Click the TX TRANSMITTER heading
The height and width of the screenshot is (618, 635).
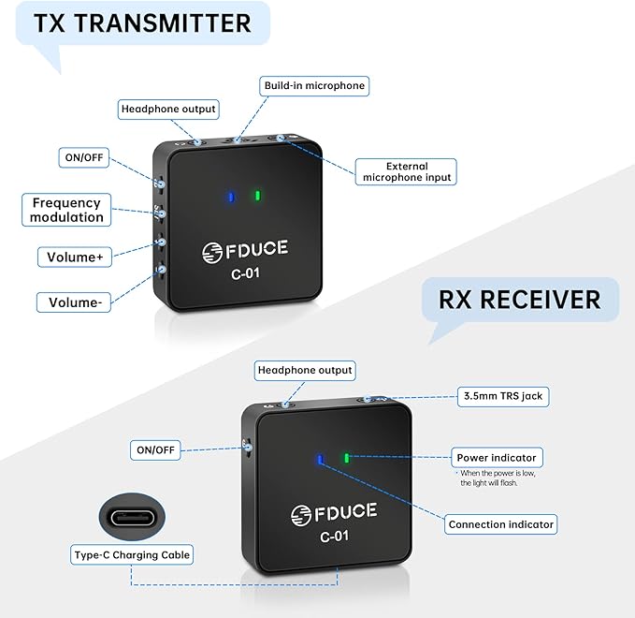tap(142, 22)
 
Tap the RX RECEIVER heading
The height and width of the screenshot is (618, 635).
tap(520, 300)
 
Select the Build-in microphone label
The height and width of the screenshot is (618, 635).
tap(314, 86)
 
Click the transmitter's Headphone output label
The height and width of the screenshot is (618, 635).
tap(168, 109)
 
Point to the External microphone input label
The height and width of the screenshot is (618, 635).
tap(406, 172)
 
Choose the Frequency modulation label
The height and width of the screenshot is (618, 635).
tap(66, 210)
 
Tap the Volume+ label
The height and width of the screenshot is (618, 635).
tap(75, 257)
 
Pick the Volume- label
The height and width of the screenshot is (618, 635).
tap(74, 302)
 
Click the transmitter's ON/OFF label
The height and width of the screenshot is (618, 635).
tap(84, 157)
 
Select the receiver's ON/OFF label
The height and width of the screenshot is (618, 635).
tap(155, 450)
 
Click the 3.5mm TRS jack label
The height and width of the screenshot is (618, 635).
tap(503, 396)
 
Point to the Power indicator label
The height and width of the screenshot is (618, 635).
tap(497, 458)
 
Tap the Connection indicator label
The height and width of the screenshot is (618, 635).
tap(501, 524)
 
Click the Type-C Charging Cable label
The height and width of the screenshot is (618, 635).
tap(132, 554)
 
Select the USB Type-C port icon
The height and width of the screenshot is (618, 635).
tap(133, 518)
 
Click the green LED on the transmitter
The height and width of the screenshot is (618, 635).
tap(257, 197)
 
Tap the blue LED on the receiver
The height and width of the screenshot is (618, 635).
tap(321, 460)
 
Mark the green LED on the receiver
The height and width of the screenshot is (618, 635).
tap(347, 458)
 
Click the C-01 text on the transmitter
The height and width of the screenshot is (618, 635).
tap(245, 273)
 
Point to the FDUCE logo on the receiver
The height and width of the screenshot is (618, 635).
tap(334, 513)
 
